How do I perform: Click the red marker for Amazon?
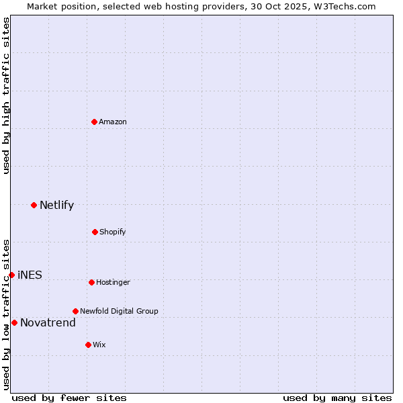pos(94,122)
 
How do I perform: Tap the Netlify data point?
pos(34,205)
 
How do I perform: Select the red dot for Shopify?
pos(95,232)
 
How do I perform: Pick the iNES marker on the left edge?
pos(11,275)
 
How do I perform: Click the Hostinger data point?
pos(91,282)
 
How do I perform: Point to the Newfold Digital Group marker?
pos(75,311)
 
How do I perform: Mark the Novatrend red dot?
pos(14,322)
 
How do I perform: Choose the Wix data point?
pos(88,345)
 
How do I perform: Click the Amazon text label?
pos(113,122)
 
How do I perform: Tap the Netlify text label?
pos(56,206)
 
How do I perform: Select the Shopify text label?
pos(113,232)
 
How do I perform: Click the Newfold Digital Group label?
pos(119,311)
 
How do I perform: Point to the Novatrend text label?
pos(48,323)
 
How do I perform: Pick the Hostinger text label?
pos(113,282)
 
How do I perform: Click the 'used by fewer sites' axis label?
pos(69,398)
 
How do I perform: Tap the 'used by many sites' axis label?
pos(337,398)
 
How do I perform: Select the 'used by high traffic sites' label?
pos(6,95)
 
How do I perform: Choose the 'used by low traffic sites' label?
pos(6,314)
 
